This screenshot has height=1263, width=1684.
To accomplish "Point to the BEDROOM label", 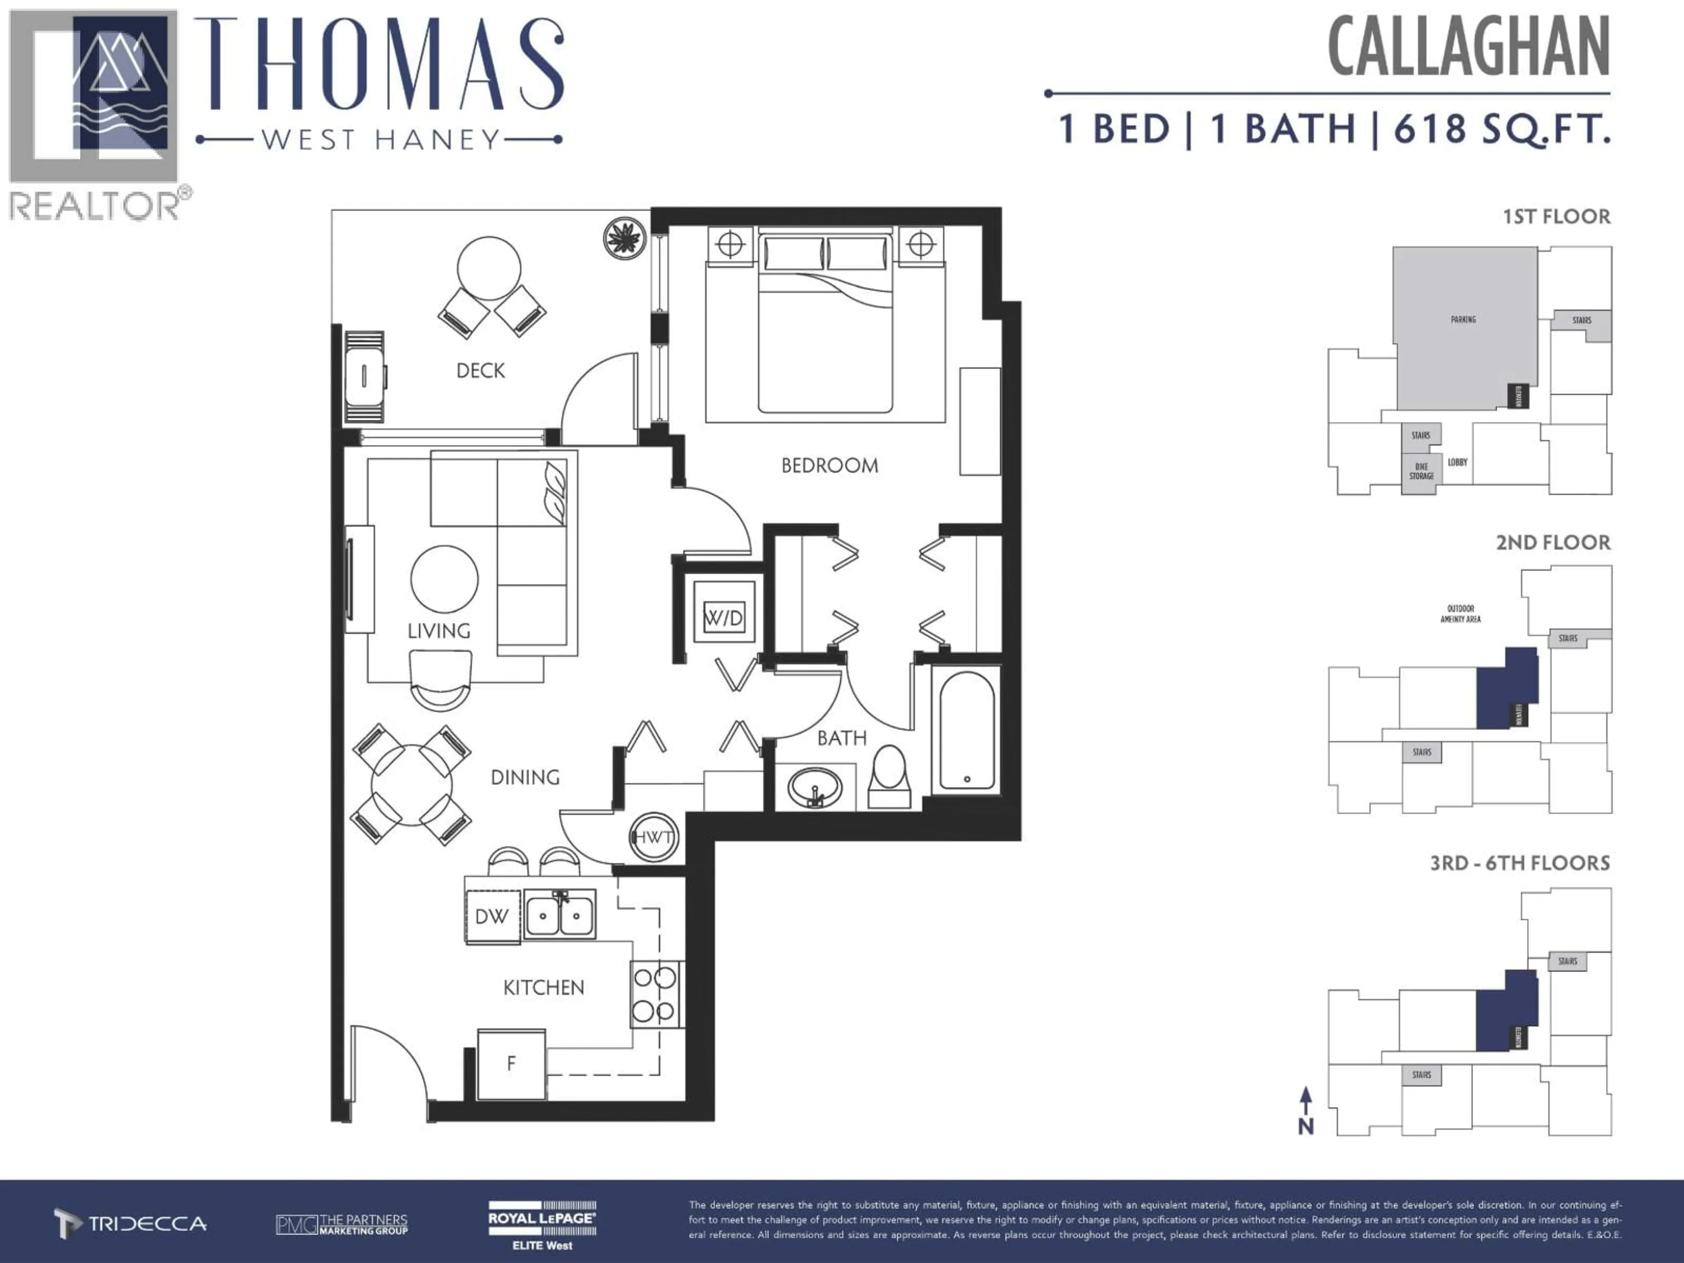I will click(829, 465).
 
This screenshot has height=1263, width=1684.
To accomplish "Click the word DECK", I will click(480, 371).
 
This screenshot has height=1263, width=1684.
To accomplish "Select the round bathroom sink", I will click(815, 786).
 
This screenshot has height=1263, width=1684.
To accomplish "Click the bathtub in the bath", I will click(966, 729).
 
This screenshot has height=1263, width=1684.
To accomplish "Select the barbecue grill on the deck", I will click(365, 376).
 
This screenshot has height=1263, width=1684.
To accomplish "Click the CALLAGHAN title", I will click(1469, 47).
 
